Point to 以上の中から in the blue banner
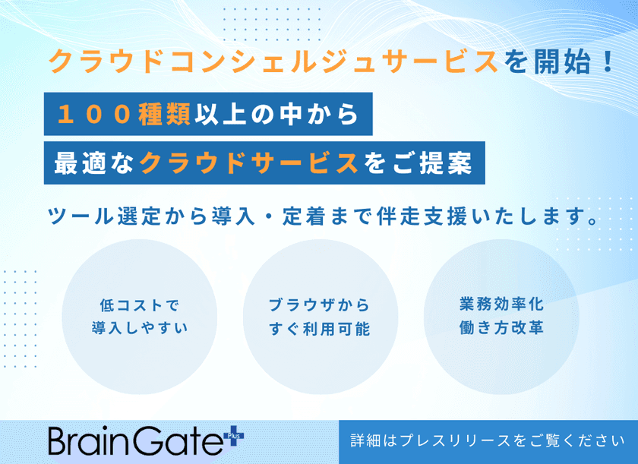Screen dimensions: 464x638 (276, 114)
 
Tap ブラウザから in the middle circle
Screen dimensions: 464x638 (319, 305)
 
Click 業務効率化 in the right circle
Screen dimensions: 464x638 (501, 305)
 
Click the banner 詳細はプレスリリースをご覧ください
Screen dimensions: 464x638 (488, 440)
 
